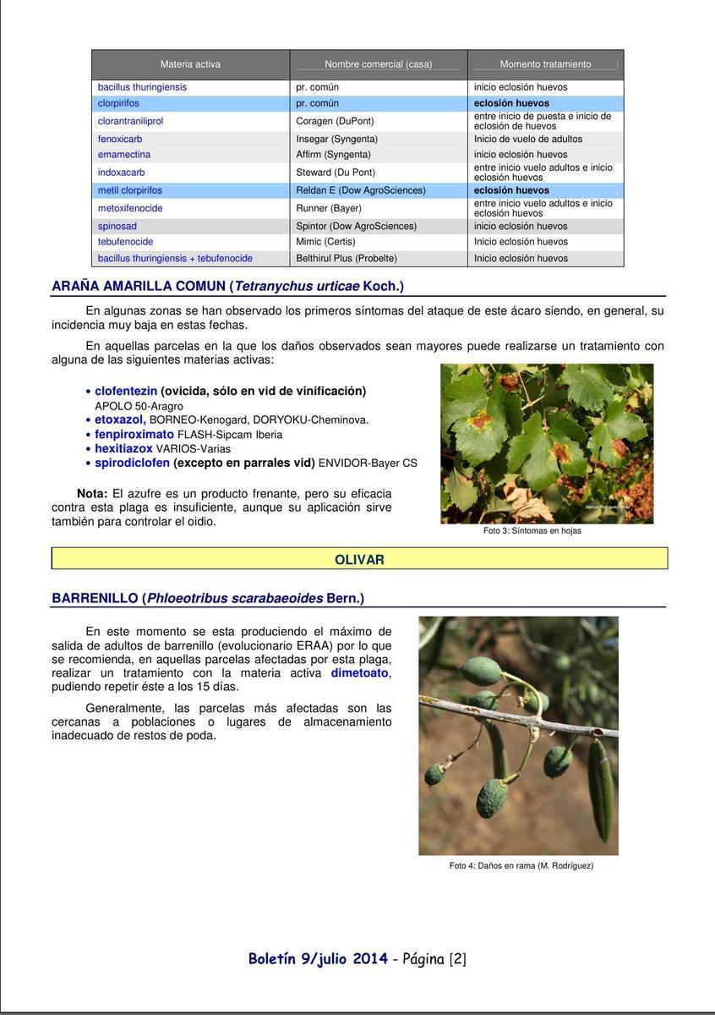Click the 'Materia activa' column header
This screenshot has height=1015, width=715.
(190, 64)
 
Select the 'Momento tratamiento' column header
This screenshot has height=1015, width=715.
(545, 64)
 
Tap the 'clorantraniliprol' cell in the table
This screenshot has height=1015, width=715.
(130, 121)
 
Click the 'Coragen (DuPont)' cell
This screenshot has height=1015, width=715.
(335, 121)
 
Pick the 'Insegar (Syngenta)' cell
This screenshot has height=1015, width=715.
(336, 139)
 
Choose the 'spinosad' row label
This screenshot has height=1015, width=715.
(117, 226)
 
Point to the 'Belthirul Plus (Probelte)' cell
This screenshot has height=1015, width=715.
(346, 258)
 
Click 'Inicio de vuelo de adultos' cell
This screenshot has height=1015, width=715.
(527, 139)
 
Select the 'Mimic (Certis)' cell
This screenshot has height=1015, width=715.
(325, 242)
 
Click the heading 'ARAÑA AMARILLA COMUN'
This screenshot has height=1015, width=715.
(138, 286)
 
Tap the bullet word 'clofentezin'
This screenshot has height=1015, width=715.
(126, 391)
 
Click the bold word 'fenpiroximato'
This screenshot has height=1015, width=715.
(134, 434)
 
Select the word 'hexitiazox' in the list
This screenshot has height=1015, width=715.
(123, 448)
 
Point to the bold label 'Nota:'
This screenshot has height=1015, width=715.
(92, 493)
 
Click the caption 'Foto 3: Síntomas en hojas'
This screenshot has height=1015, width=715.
(532, 530)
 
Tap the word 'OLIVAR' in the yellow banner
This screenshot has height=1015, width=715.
(359, 560)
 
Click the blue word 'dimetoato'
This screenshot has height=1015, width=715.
(359, 673)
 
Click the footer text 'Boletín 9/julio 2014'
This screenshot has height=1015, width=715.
(318, 958)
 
